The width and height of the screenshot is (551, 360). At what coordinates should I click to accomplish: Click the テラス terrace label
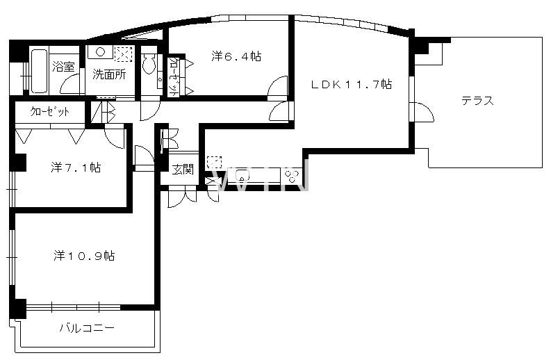(477, 101)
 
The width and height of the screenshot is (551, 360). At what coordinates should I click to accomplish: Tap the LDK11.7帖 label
(352, 84)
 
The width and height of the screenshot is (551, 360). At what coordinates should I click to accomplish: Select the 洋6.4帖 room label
(236, 56)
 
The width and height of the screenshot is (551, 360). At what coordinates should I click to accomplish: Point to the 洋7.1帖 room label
(76, 167)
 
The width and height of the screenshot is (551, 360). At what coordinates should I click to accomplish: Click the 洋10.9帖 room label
(84, 256)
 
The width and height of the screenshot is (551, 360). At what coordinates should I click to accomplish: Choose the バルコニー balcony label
(87, 328)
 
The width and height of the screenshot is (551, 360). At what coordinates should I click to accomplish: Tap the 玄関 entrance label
(183, 170)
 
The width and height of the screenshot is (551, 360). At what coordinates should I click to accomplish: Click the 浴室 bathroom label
(64, 67)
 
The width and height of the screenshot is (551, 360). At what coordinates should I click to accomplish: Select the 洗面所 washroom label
(109, 74)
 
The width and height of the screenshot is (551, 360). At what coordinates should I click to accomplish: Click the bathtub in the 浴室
(38, 71)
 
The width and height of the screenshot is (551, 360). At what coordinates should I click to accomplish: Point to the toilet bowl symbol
(149, 64)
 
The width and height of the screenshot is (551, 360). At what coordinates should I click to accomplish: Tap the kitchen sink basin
(242, 175)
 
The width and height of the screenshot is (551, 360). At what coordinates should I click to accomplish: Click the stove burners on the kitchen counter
(292, 177)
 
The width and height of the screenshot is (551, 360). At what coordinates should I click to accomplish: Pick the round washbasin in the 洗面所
(101, 52)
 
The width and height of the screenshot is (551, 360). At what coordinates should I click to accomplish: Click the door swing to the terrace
(424, 112)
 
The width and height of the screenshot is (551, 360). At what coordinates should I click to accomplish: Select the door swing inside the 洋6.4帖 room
(278, 85)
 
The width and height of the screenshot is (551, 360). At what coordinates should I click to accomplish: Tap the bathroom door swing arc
(70, 83)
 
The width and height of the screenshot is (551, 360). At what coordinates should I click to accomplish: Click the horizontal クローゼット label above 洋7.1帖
(50, 112)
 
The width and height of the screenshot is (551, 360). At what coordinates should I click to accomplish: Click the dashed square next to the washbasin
(124, 54)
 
